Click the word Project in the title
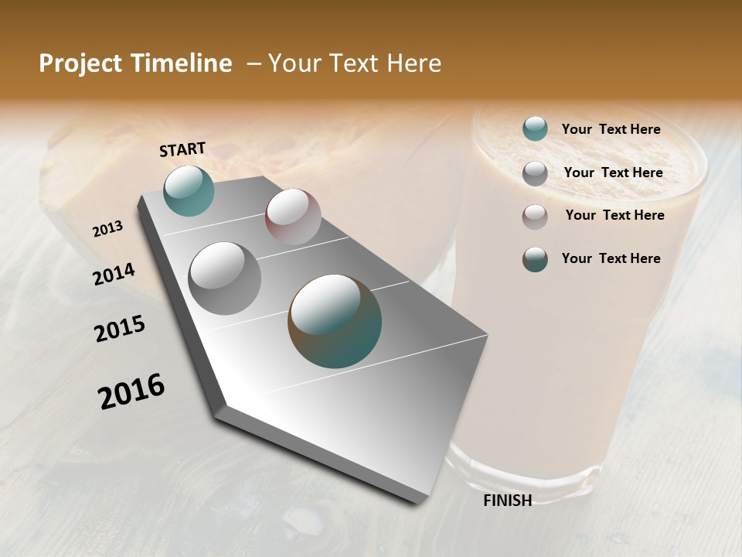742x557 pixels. point(78,64)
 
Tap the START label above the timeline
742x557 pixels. point(182,149)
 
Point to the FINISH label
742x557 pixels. point(508,501)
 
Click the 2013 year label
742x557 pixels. point(108,228)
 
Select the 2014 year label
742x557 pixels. point(114,275)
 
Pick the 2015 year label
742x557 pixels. point(120,329)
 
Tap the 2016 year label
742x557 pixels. point(131,391)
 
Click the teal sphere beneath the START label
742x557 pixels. point(189,190)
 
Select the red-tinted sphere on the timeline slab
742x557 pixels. point(293,217)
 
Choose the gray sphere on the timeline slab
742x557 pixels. point(225,278)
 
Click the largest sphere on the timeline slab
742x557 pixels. point(335,320)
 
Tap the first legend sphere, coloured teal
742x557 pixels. point(535,128)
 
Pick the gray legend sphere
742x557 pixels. point(535,173)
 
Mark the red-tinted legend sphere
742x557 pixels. point(535,217)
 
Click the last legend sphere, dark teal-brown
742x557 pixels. point(535,259)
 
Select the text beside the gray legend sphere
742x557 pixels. point(613,173)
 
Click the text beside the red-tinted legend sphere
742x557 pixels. point(614,215)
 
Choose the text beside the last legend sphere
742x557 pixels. point(611,258)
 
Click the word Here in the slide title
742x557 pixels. point(414,63)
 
